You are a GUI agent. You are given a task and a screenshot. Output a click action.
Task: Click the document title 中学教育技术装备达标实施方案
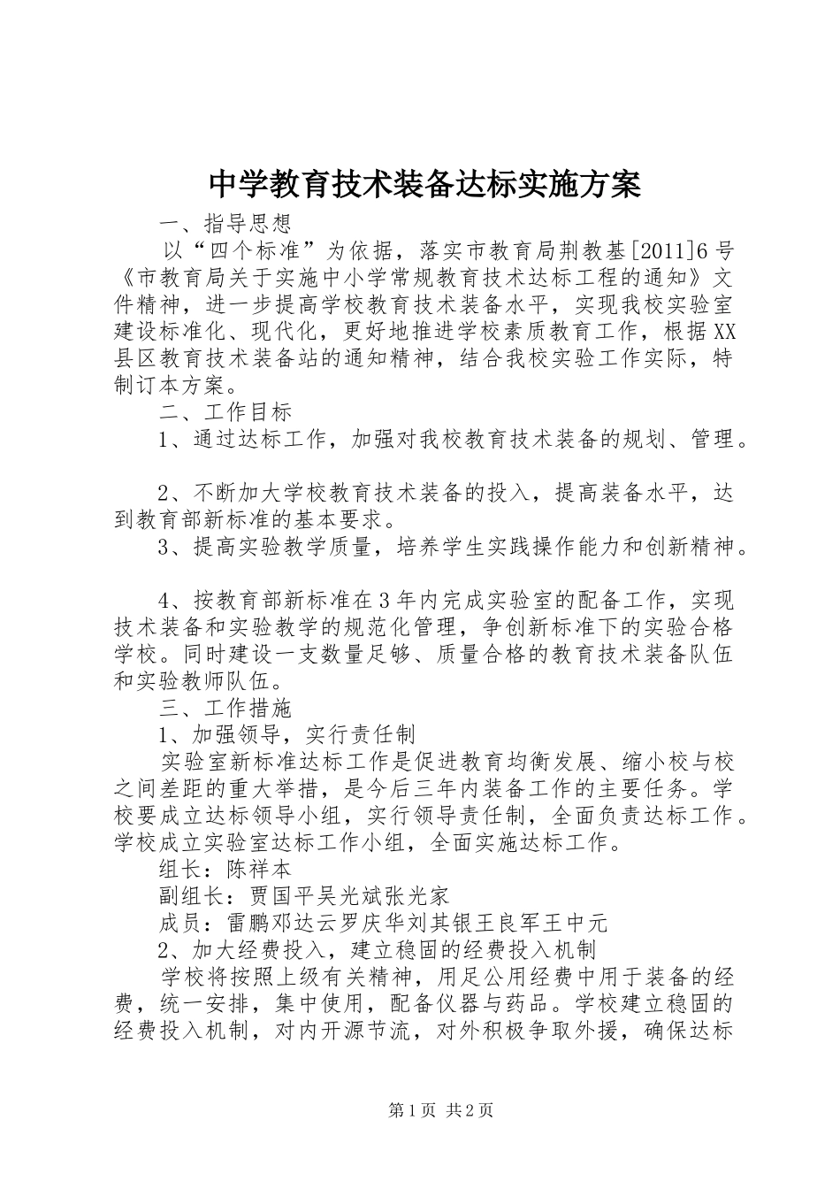coord(424,184)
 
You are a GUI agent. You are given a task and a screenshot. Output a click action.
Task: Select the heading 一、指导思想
coord(225,221)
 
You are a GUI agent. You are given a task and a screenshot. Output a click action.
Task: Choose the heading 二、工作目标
coord(225,411)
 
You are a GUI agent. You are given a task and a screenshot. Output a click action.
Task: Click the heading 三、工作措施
coord(225,708)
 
